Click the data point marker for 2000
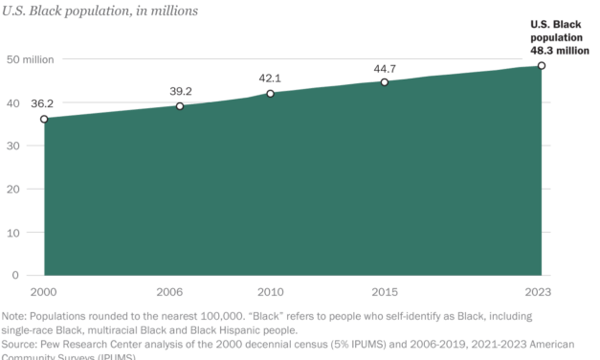[x=44, y=120]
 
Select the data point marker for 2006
[x=180, y=106]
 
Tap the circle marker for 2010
[x=271, y=94]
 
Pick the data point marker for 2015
[x=385, y=82]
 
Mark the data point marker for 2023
[x=541, y=66]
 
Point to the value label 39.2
[x=180, y=89]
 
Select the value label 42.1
[x=271, y=77]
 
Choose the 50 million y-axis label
[x=30, y=59]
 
